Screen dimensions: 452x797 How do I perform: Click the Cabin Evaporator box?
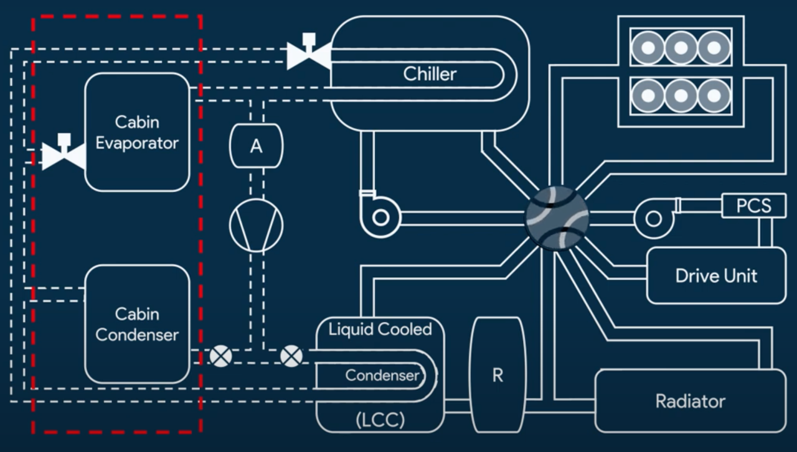tap(137, 132)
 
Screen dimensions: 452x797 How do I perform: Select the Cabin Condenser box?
tap(137, 324)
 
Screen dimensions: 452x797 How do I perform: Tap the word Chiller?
tap(430, 74)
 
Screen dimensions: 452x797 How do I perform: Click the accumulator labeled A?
tap(256, 146)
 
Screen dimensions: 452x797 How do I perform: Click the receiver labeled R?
tap(497, 376)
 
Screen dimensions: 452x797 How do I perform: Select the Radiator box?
tap(690, 401)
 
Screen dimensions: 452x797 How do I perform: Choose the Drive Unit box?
tap(716, 275)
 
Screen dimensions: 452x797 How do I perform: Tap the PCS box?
tap(753, 206)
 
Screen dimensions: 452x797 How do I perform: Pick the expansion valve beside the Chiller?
tap(308, 54)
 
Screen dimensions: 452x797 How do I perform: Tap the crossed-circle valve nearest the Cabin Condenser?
tap(220, 356)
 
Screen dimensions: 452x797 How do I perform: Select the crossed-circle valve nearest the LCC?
tap(291, 356)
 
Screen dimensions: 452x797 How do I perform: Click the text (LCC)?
tap(380, 420)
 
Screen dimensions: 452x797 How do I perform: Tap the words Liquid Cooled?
tap(380, 329)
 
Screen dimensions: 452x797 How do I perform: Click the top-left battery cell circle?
tap(648, 47)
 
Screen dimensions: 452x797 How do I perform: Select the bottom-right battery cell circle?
tap(713, 96)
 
